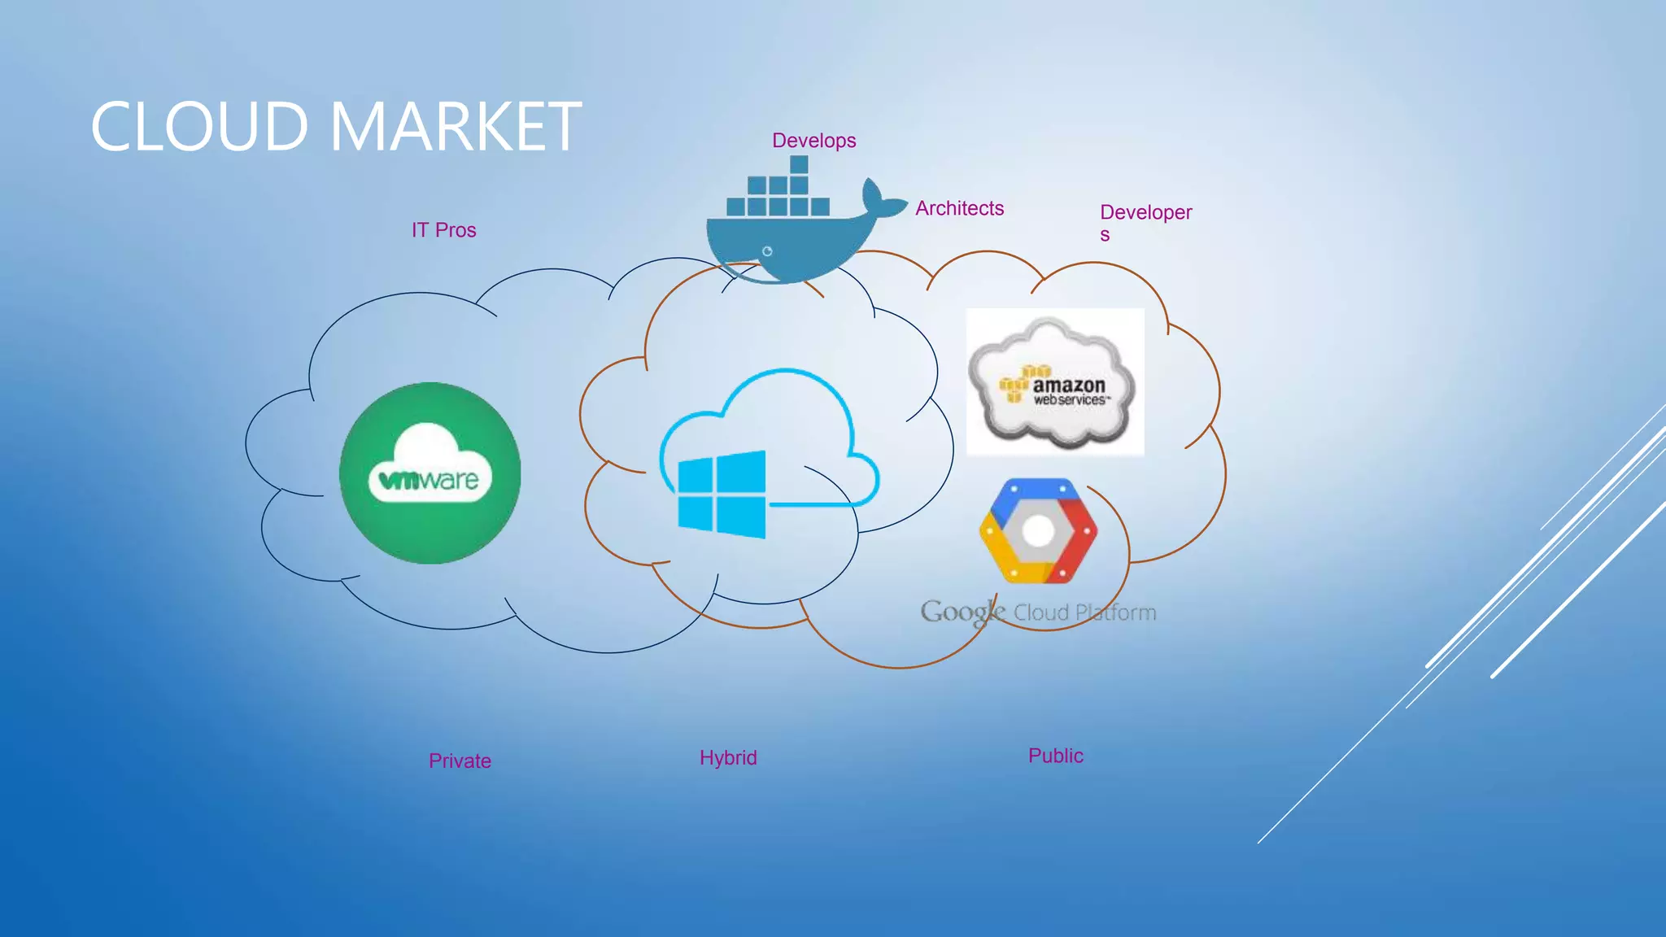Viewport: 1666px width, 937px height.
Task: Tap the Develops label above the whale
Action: (x=813, y=141)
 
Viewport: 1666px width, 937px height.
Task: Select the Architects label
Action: (x=959, y=208)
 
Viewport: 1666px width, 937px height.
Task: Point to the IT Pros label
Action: (x=443, y=230)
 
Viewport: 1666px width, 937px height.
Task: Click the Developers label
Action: (x=1145, y=214)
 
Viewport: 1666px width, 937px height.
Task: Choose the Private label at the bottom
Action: (x=460, y=761)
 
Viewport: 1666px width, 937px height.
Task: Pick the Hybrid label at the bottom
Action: (x=728, y=758)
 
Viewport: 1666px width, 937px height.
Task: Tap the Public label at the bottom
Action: (x=1055, y=756)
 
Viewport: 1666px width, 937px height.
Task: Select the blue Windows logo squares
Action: (x=722, y=495)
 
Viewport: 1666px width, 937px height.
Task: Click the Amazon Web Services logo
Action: (x=1054, y=382)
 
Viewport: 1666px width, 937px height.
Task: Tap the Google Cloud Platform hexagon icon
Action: (x=1038, y=530)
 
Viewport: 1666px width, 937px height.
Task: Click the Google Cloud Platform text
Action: (x=1038, y=612)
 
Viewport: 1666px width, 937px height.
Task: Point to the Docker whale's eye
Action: (x=766, y=251)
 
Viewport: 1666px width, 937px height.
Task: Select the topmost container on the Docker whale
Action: (x=799, y=164)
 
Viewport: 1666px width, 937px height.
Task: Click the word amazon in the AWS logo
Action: (x=1068, y=385)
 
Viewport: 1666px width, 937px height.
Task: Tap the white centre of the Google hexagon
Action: (x=1038, y=532)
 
